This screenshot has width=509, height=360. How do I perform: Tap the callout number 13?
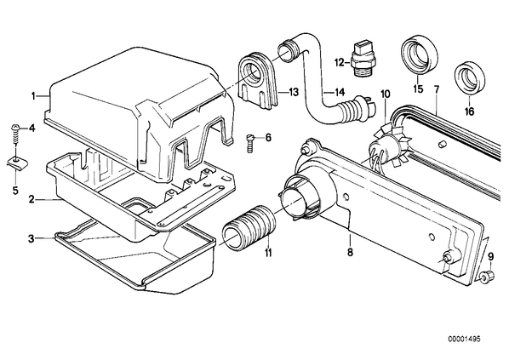point(293,93)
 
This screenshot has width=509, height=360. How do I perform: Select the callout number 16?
point(469,111)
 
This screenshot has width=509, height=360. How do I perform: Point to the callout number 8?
point(350,252)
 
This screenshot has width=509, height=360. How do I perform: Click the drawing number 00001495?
point(464,340)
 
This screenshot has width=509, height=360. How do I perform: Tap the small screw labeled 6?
point(250,143)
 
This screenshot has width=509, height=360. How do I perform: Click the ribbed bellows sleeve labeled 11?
point(249,227)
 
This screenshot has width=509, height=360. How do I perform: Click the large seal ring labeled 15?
point(419,55)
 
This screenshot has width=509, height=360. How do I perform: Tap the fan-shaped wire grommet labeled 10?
point(386,144)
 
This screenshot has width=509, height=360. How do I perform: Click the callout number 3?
point(31,239)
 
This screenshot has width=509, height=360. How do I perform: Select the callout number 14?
point(340,93)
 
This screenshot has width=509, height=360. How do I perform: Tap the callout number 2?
point(31,199)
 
